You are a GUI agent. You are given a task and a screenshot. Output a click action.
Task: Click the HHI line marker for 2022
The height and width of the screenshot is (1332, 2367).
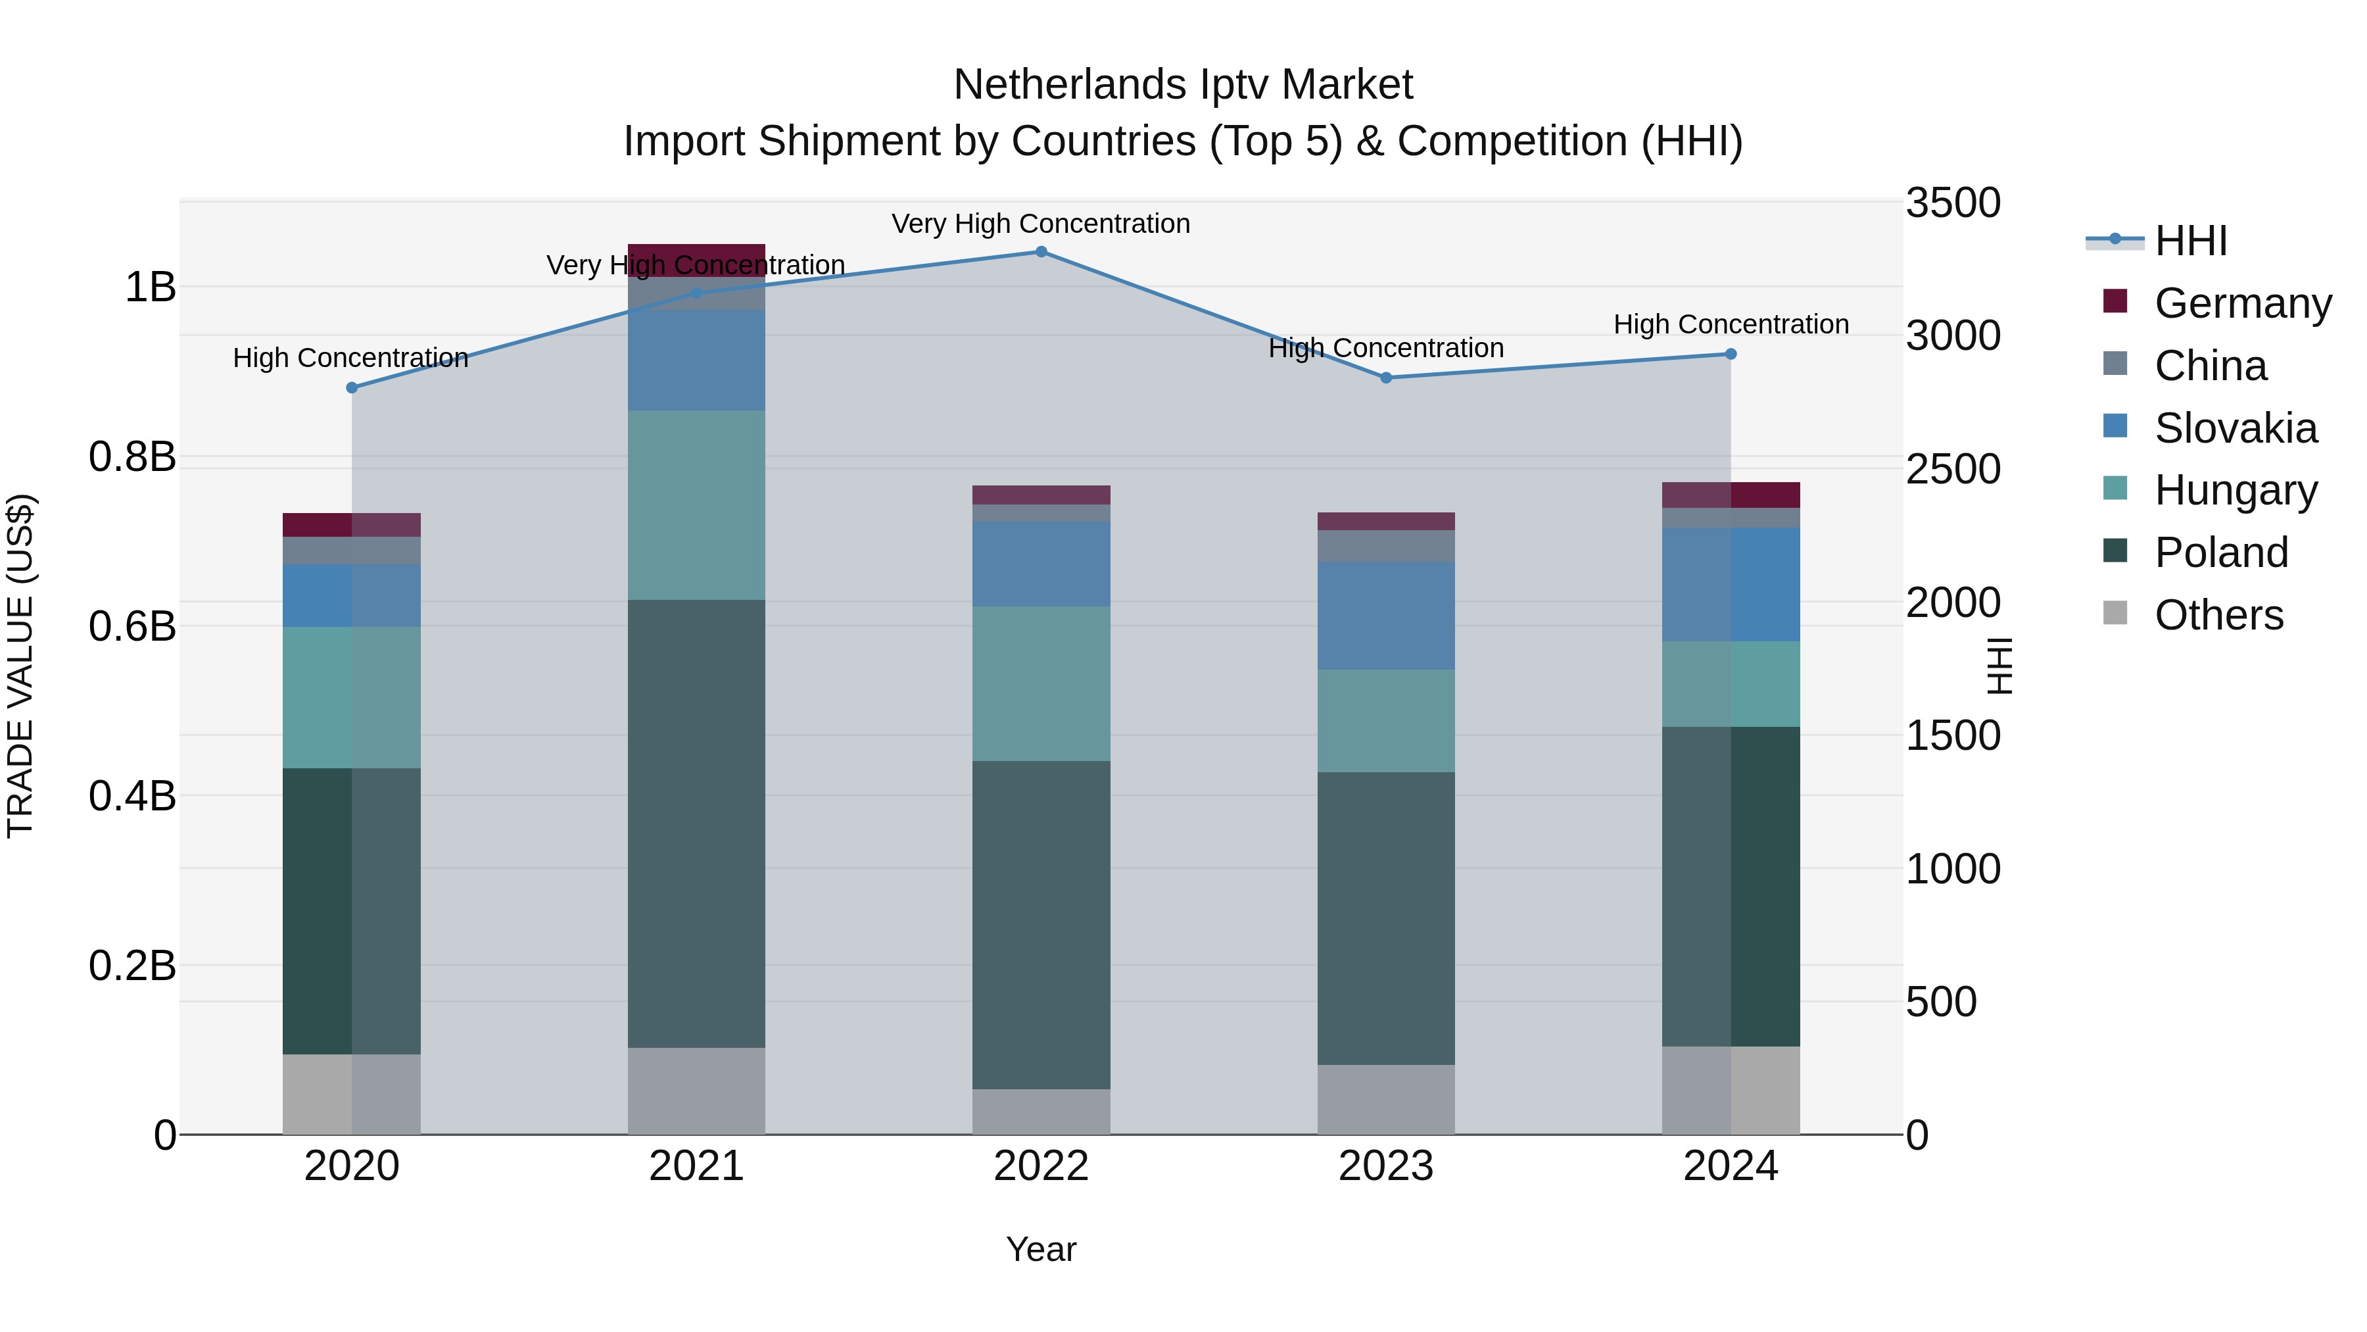pyautogui.click(x=1041, y=252)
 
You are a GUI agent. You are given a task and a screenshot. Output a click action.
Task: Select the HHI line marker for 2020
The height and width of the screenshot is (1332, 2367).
pyautogui.click(x=352, y=388)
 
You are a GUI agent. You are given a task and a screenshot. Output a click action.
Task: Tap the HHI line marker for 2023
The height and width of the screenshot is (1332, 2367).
pyautogui.click(x=1385, y=378)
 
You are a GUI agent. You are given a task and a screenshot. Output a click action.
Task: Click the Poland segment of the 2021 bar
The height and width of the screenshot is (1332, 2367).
pyautogui.click(x=696, y=823)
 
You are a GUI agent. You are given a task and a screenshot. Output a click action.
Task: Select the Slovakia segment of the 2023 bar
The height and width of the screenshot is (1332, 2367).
pyautogui.click(x=1385, y=615)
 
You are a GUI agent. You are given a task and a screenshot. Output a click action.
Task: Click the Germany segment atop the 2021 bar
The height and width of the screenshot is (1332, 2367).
pyautogui.click(x=696, y=259)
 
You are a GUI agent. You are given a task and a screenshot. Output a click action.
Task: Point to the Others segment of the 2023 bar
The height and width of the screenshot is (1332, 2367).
pyautogui.click(x=1385, y=1098)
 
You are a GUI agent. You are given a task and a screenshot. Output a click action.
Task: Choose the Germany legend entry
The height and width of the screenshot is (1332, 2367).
pyautogui.click(x=2241, y=303)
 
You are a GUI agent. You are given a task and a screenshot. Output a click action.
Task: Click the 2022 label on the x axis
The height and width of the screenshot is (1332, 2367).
pyautogui.click(x=1041, y=1166)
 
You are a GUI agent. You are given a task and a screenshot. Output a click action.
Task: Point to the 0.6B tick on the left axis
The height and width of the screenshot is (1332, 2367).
pyautogui.click(x=132, y=627)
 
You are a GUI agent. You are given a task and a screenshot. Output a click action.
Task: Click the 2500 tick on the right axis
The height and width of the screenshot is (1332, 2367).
pyautogui.click(x=1953, y=469)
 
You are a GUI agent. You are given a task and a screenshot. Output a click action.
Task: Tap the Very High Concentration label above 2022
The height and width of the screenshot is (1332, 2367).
pyautogui.click(x=1040, y=224)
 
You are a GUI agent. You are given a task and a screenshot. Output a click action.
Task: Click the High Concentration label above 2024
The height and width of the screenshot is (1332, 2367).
pyautogui.click(x=1731, y=324)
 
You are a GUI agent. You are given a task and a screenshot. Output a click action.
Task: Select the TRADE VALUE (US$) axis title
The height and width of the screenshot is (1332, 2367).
pyautogui.click(x=20, y=666)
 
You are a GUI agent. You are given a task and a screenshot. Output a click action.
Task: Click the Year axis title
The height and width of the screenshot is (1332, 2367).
pyautogui.click(x=1040, y=1249)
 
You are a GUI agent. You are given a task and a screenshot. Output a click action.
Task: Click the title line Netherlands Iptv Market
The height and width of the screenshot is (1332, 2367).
pyautogui.click(x=1183, y=85)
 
